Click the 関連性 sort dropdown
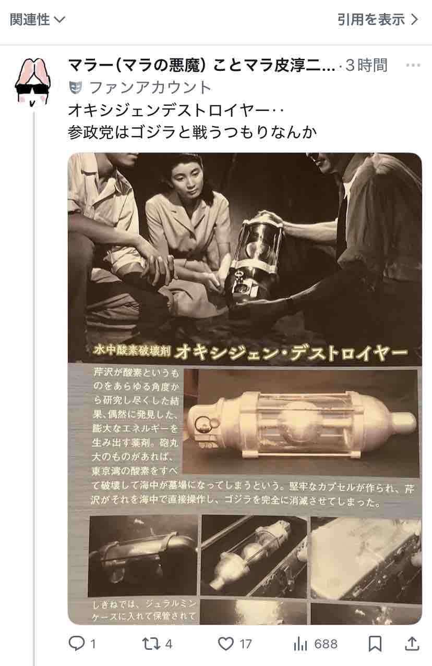38,20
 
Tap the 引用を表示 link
378,20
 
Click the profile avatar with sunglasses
33,82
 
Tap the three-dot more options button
413,65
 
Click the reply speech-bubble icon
77,644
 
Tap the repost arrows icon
151,644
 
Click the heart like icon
226,644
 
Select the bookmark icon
375,644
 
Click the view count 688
326,644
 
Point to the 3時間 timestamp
366,65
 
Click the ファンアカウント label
150,88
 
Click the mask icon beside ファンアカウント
76,88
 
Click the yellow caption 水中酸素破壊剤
132,351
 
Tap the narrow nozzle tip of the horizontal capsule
404,422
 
